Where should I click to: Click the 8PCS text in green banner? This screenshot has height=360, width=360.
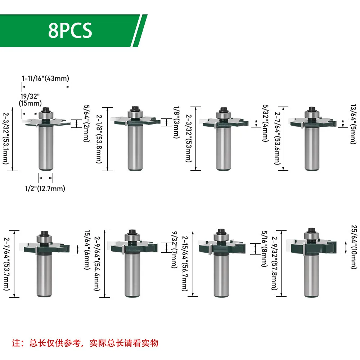pos(70,30)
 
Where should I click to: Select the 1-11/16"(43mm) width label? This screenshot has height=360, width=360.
pos(45,78)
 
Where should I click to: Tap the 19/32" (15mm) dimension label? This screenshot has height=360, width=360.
pos(30,100)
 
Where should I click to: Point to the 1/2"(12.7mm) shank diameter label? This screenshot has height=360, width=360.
pos(45,189)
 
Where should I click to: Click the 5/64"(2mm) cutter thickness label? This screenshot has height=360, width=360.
pos(86,123)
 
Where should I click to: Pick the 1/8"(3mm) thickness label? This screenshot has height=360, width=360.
pos(176,122)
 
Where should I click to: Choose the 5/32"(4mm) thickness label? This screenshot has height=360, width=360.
pos(266,123)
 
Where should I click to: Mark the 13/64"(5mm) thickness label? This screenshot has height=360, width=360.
pos(353,124)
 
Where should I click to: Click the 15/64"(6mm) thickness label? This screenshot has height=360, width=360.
pos(87,250)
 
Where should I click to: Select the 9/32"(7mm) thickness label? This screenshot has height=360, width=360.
pos(175,249)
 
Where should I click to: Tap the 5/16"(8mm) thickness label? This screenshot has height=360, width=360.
pos(265,249)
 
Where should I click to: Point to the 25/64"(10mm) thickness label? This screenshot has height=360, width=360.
pos(354,247)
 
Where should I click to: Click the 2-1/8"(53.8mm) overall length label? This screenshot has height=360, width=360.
pos(99,139)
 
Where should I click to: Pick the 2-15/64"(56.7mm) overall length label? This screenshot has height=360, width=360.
pos(185,264)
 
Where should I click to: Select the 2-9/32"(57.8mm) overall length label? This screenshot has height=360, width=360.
pos(275,264)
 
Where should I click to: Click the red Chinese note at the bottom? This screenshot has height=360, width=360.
pos(85,343)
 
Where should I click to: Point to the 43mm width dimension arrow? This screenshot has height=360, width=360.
pos(46,87)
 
